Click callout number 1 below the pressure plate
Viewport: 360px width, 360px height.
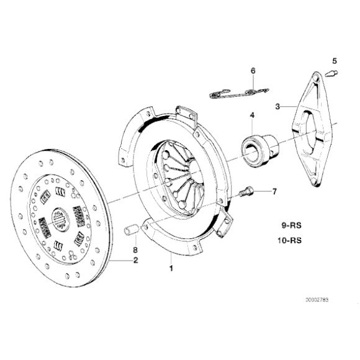click(171, 269)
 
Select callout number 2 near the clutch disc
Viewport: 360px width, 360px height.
click(135, 260)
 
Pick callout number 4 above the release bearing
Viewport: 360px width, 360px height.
click(252, 115)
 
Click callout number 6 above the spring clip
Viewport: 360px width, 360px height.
click(253, 71)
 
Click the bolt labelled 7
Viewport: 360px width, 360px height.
click(246, 192)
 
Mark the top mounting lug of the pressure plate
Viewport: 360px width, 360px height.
click(186, 112)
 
